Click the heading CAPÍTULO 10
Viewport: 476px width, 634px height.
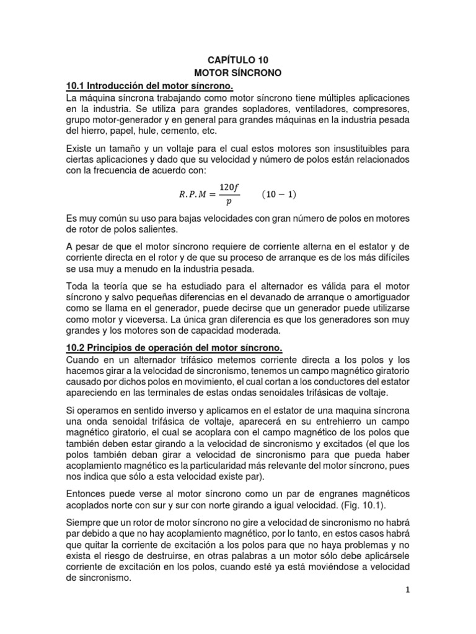[x=238, y=60]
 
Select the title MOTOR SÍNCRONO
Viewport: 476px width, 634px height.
[x=238, y=72]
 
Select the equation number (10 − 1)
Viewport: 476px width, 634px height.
[x=278, y=194]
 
